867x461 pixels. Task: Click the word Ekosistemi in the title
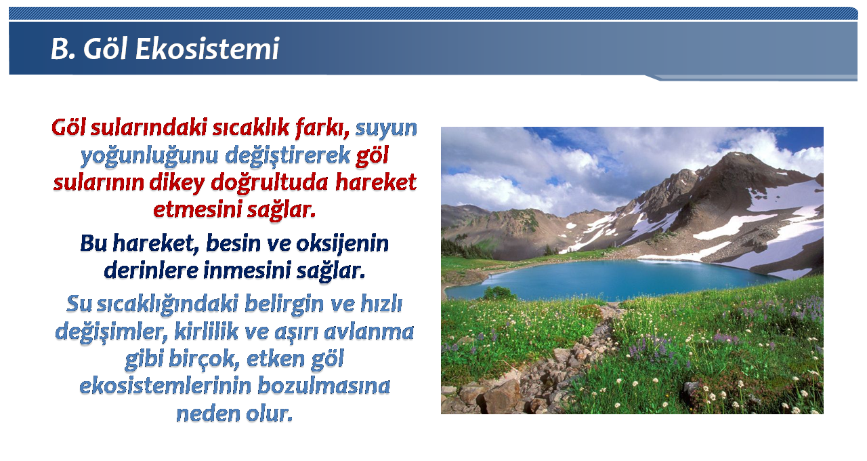[x=207, y=49]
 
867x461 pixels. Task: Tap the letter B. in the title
[x=63, y=49]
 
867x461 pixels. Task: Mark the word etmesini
[x=198, y=209]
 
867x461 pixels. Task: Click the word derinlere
[x=151, y=270]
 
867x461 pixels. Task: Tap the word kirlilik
[x=207, y=332]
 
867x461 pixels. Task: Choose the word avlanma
[x=369, y=332]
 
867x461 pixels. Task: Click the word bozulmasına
[x=324, y=386]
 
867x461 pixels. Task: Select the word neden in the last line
[x=208, y=414]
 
